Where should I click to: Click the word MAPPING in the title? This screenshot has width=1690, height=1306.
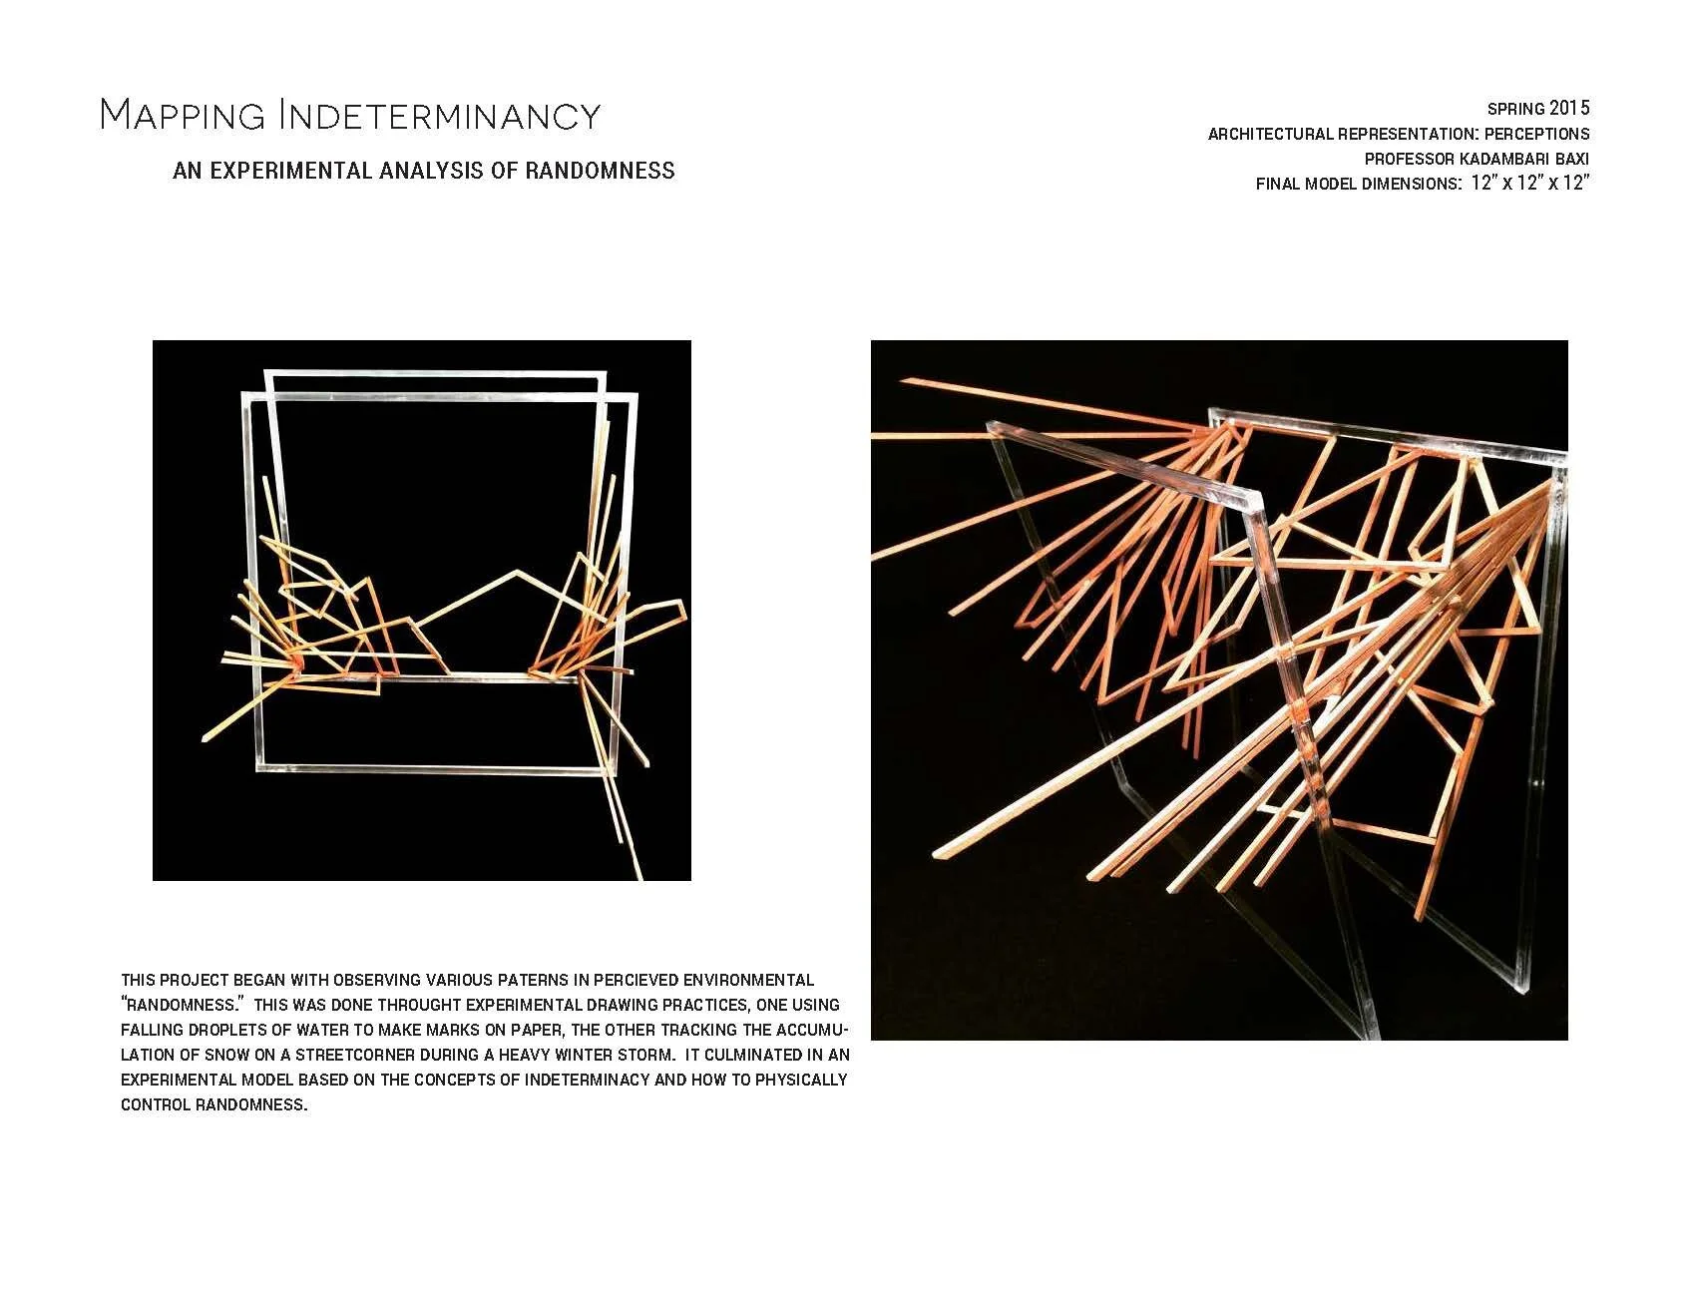click(x=183, y=116)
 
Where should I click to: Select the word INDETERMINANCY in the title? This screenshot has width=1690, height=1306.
click(x=439, y=116)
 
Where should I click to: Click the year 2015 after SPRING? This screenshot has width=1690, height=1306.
click(x=1569, y=108)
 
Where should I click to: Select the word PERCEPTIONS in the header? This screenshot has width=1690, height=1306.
click(x=1536, y=134)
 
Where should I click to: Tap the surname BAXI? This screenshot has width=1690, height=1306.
click(x=1572, y=159)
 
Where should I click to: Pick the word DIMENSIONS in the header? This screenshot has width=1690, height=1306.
click(x=1409, y=184)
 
